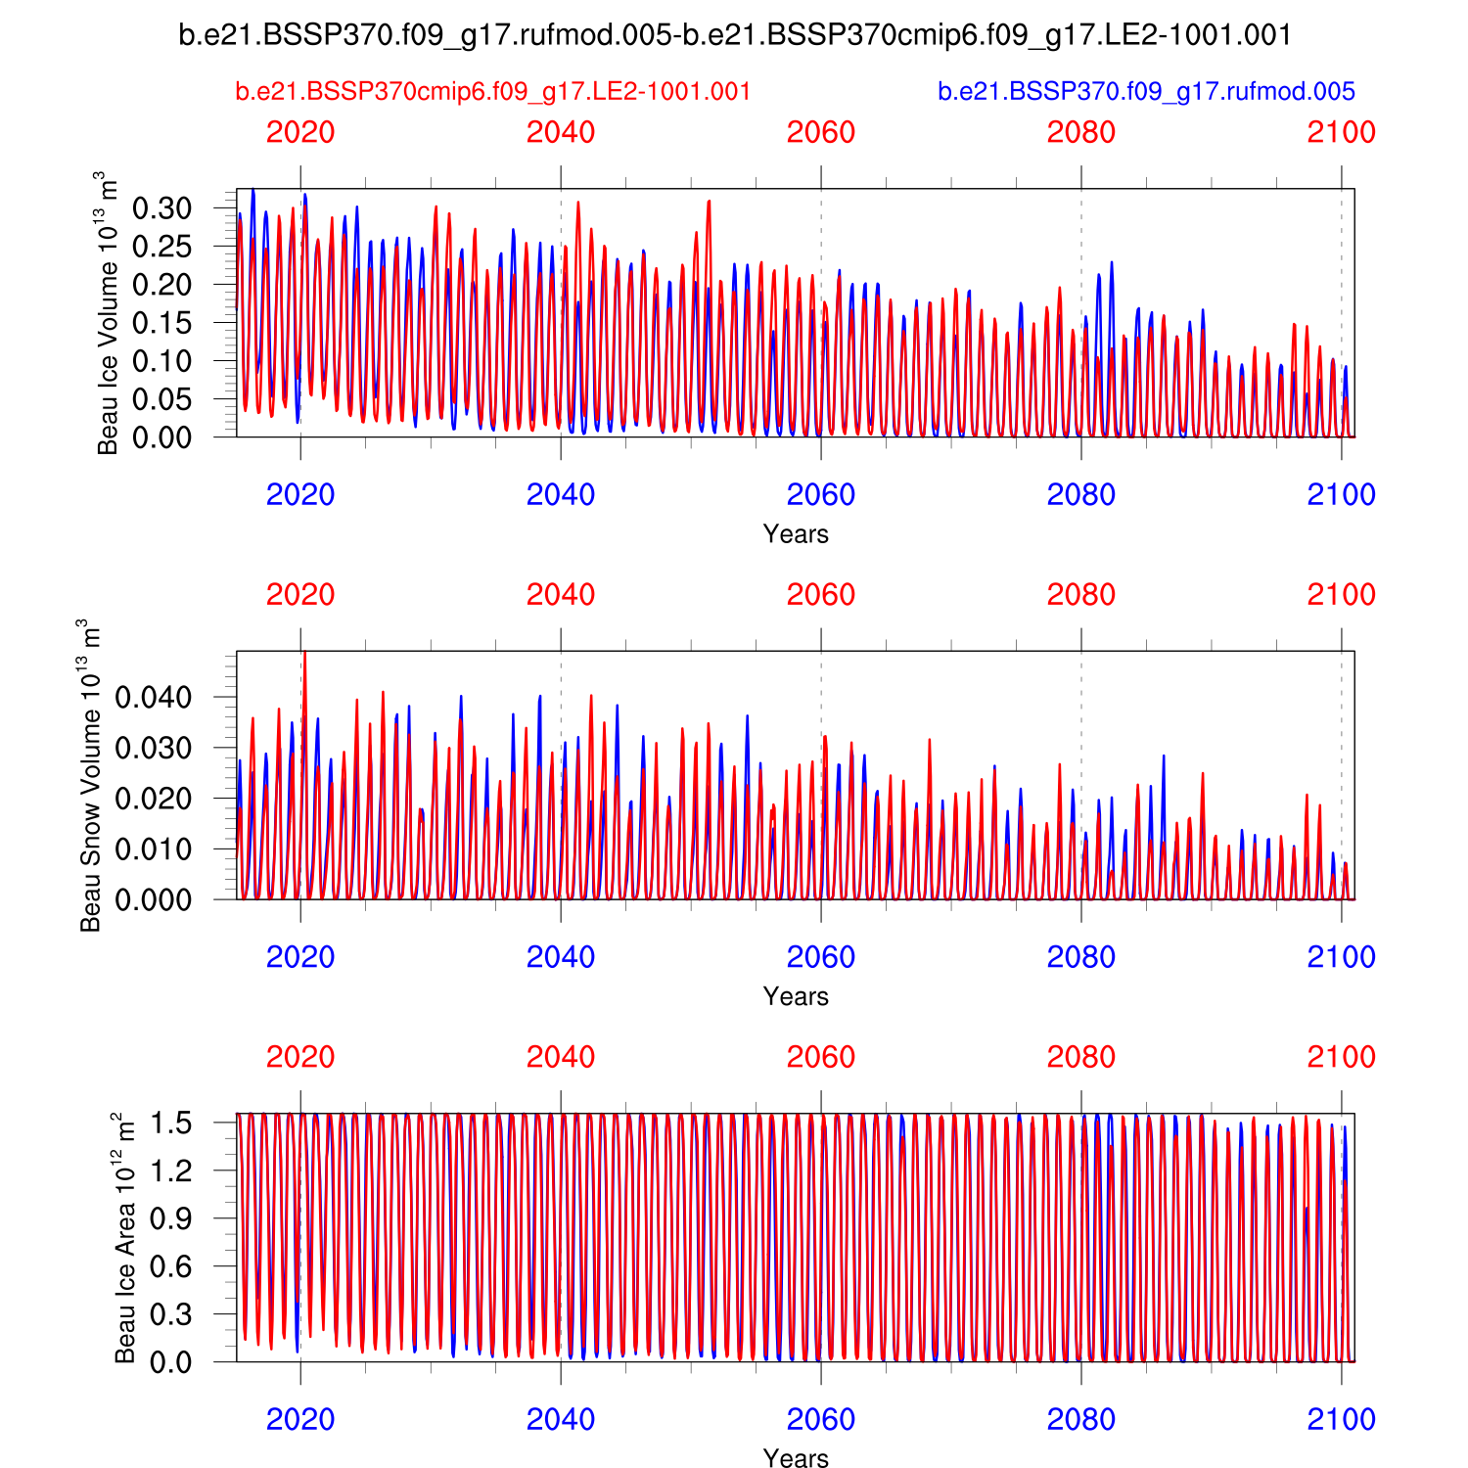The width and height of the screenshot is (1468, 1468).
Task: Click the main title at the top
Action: coord(734,36)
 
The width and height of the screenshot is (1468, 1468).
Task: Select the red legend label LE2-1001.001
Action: coord(493,92)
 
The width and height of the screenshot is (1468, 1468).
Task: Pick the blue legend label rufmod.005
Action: coord(1146,92)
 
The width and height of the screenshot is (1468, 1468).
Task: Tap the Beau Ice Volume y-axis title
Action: coord(108,313)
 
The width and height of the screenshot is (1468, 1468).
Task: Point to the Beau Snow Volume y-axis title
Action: coord(91,775)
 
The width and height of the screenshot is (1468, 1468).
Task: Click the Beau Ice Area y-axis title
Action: coord(125,1238)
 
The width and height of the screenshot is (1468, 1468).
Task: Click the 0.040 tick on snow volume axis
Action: coord(154,698)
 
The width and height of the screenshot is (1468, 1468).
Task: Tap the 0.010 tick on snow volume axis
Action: coord(154,849)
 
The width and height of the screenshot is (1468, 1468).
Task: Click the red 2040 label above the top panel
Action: coord(561,133)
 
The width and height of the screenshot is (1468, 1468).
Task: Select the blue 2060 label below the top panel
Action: coord(821,495)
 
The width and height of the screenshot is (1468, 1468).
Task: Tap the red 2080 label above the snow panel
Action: coord(1081,595)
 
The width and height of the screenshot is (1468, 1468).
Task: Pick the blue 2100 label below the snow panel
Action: coord(1342,957)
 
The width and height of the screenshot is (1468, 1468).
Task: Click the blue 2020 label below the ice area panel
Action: coord(300,1419)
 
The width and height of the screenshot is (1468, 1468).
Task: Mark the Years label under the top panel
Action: coord(796,534)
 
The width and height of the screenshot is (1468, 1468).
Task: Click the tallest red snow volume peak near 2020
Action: coord(305,654)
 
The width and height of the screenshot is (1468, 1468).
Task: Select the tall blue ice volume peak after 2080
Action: coord(1112,263)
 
